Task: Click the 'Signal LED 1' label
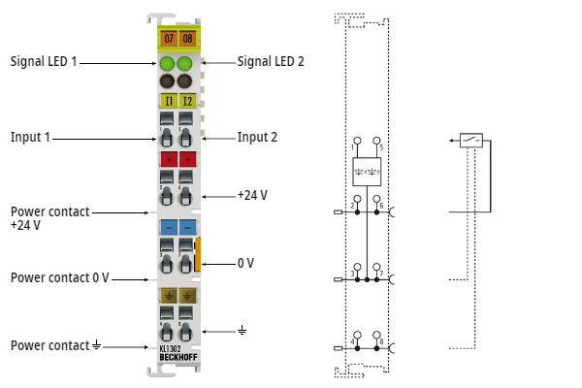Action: [44, 61]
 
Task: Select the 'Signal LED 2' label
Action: [271, 61]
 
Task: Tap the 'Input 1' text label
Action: [30, 138]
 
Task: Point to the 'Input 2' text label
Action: [257, 138]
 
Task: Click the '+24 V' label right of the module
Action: [252, 195]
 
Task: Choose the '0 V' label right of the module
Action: [245, 263]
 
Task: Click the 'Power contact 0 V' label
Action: [59, 277]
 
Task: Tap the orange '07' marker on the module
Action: [168, 39]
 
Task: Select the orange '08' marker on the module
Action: [186, 39]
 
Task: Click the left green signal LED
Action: [168, 65]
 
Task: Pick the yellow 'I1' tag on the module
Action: [168, 100]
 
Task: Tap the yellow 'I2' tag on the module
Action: [186, 100]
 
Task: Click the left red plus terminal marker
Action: [168, 158]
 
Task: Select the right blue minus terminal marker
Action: [186, 226]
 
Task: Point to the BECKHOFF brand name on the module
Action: [177, 357]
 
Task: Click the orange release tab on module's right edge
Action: [198, 253]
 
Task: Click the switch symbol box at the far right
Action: [471, 141]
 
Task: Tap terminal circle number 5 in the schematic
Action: [376, 141]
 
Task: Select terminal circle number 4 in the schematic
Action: [357, 333]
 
